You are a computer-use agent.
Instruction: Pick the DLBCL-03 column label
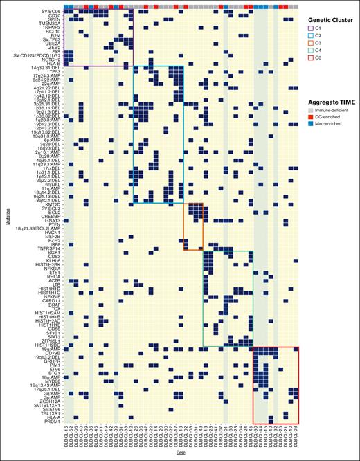[x=296, y=436]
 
